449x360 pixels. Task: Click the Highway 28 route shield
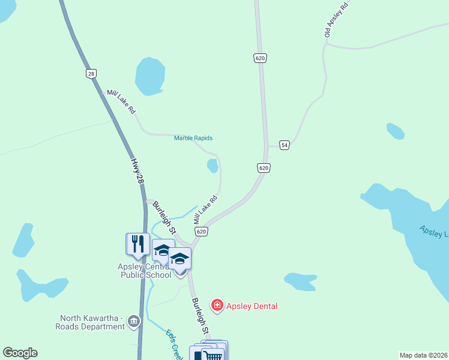click(91, 73)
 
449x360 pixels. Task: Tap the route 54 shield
click(285, 145)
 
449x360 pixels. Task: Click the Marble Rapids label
click(193, 138)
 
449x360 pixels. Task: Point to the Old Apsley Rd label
click(336, 20)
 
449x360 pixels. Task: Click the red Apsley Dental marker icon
click(217, 306)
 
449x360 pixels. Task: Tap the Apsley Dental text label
click(252, 306)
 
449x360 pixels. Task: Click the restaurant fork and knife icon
click(137, 244)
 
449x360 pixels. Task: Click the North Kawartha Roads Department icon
click(133, 322)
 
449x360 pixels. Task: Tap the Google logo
click(20, 353)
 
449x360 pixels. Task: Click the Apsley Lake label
click(433, 232)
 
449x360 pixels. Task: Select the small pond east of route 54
click(395, 130)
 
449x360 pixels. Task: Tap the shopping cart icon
click(214, 355)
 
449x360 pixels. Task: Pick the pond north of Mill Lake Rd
click(149, 76)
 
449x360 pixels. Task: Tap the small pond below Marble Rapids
click(212, 166)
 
